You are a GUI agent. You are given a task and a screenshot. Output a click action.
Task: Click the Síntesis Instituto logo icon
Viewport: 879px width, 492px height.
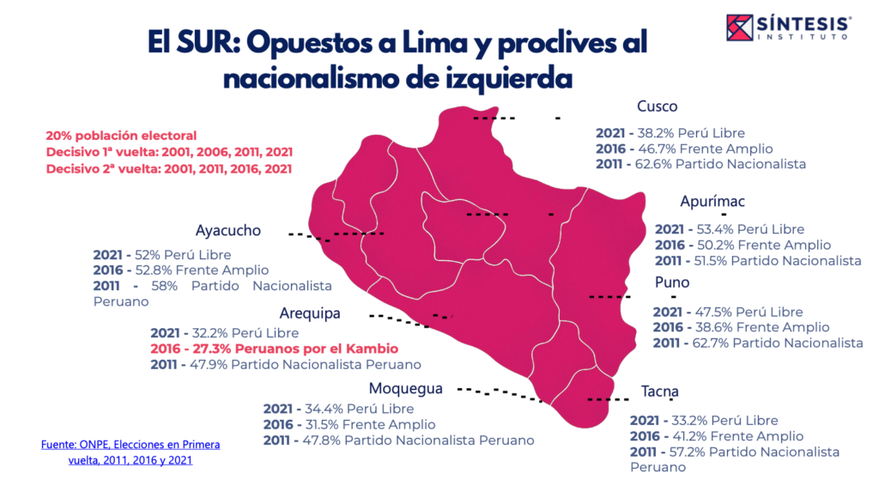coord(741,27)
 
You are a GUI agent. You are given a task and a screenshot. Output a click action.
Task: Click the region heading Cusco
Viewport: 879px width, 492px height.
coord(657,106)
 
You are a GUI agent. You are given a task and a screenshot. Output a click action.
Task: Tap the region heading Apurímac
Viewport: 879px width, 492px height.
coord(712,202)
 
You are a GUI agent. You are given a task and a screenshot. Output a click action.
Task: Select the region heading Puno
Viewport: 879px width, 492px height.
coord(671,282)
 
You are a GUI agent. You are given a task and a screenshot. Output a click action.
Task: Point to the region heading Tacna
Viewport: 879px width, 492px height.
coord(659,392)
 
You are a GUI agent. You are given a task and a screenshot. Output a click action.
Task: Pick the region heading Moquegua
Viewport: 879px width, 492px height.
coord(405,388)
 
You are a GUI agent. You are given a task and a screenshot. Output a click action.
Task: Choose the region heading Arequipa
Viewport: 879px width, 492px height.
coord(310,313)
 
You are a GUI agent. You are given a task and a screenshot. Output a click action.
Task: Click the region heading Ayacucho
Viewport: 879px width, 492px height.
coord(227,231)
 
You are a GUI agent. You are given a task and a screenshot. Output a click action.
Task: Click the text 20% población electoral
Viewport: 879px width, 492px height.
coord(121,136)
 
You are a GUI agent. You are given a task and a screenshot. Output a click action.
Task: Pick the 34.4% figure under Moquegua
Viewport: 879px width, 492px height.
coord(315,409)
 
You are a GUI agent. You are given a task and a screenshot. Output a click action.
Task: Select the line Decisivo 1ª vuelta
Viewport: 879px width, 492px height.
coord(169,152)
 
